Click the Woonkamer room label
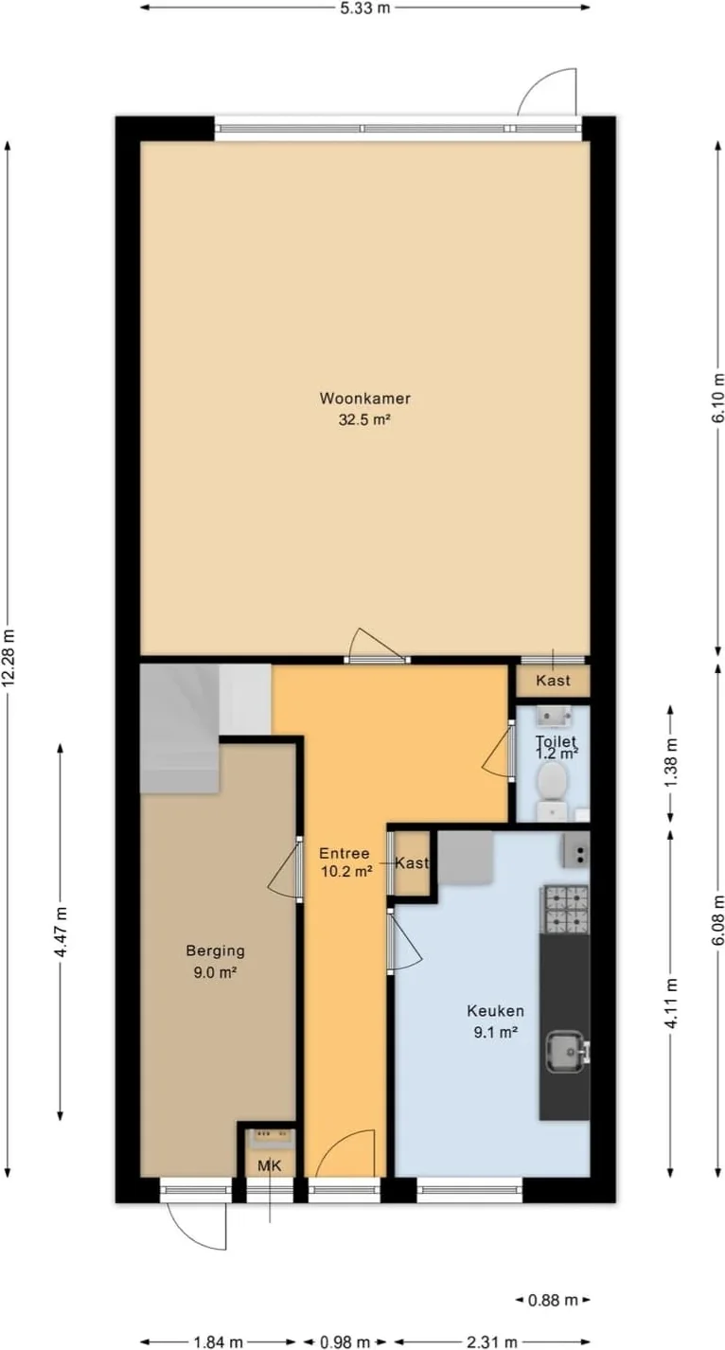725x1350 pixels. pos(364,398)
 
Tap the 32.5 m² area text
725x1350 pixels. pos(364,419)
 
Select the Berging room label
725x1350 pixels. pos(215,950)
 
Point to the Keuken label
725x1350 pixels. pos(495,1010)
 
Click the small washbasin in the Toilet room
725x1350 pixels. pos(555,717)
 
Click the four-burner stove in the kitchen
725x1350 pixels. pos(567,909)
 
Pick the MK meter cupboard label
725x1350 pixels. pos(270,1165)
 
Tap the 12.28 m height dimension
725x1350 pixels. pos(8,658)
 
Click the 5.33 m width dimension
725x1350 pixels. pos(364,8)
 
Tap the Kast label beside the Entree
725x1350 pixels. pos(412,862)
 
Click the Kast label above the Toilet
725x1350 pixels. pos(554,680)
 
